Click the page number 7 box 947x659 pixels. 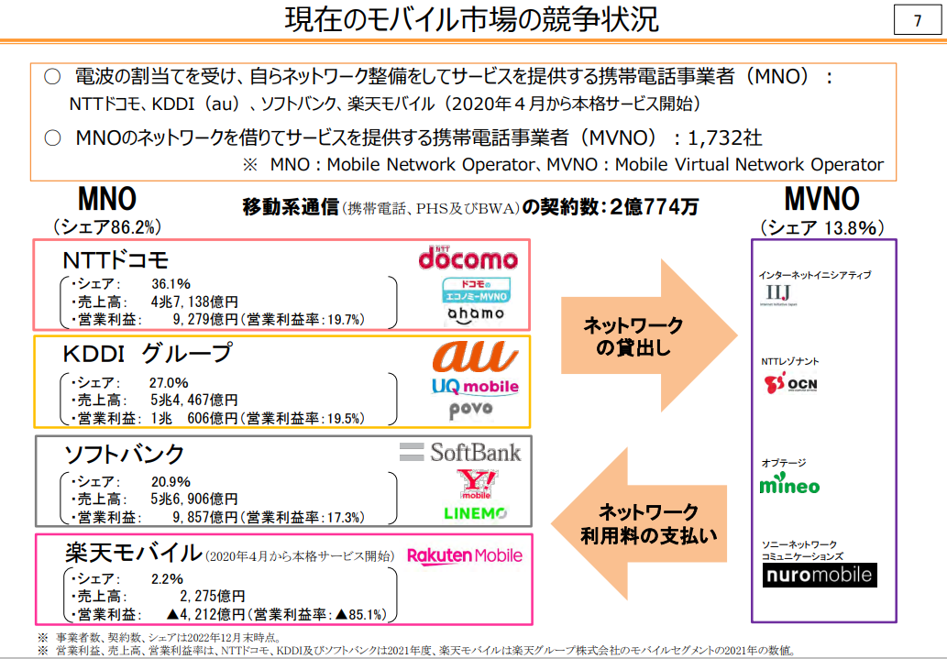(x=918, y=21)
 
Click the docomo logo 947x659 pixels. (x=468, y=258)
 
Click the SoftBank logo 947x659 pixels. (x=462, y=451)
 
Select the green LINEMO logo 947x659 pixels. (x=475, y=512)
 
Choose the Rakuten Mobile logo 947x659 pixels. (x=465, y=555)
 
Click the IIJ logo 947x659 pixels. (x=776, y=294)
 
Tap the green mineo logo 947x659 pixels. (x=789, y=485)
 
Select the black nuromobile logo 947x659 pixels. (x=820, y=575)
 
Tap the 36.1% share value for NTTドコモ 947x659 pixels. (x=171, y=283)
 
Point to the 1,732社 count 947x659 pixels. (x=724, y=137)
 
